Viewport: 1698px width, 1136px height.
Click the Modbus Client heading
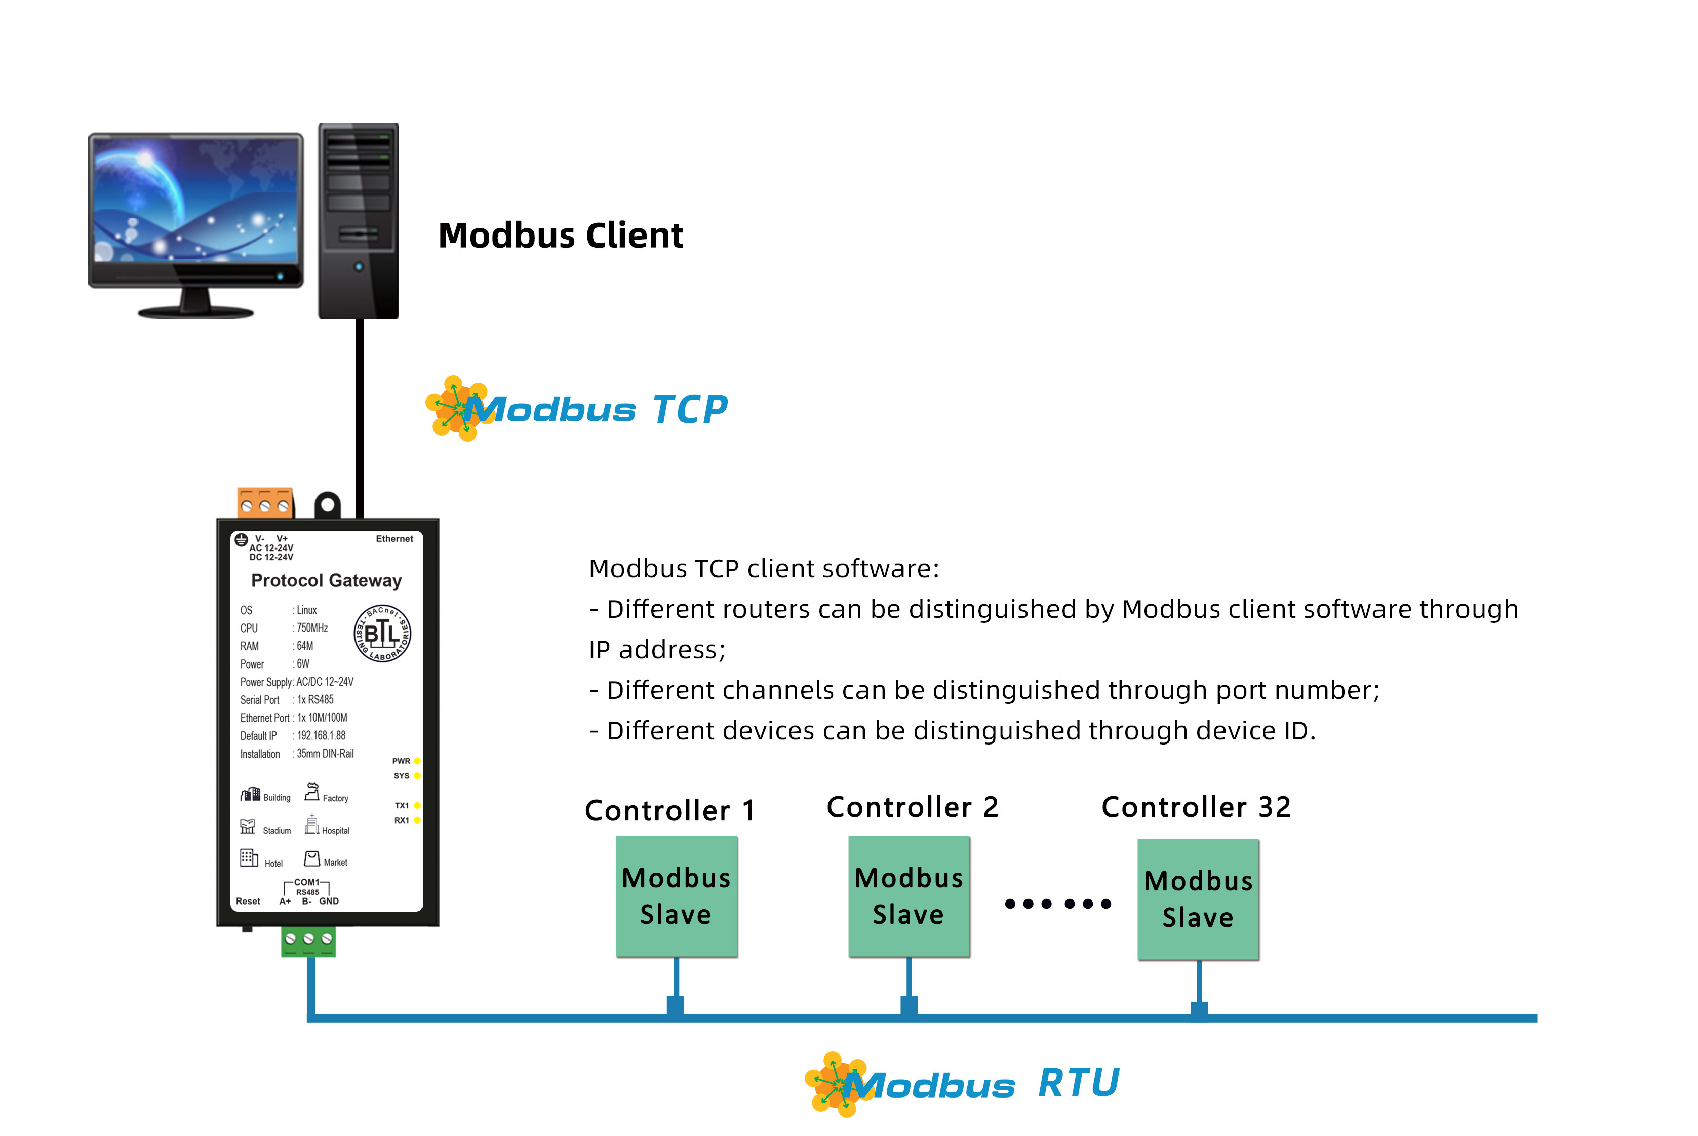560,236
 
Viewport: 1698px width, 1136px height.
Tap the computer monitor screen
195,199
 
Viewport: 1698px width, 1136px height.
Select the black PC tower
359,220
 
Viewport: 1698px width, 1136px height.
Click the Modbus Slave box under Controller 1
676,896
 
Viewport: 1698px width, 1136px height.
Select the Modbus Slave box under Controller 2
909,896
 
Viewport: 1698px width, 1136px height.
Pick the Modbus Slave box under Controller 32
1198,899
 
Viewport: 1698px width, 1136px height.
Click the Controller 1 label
669,810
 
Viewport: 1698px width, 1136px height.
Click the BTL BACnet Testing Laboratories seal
382,633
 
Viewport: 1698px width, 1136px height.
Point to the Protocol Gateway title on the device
326,580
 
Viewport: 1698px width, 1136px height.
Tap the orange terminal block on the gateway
265,503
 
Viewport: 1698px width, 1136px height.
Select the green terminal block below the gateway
308,941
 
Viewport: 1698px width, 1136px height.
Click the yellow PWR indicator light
417,761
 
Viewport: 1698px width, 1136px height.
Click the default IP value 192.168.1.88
321,735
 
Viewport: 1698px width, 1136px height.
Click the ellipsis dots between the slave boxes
1057,904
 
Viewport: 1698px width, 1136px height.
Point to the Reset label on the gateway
248,902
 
